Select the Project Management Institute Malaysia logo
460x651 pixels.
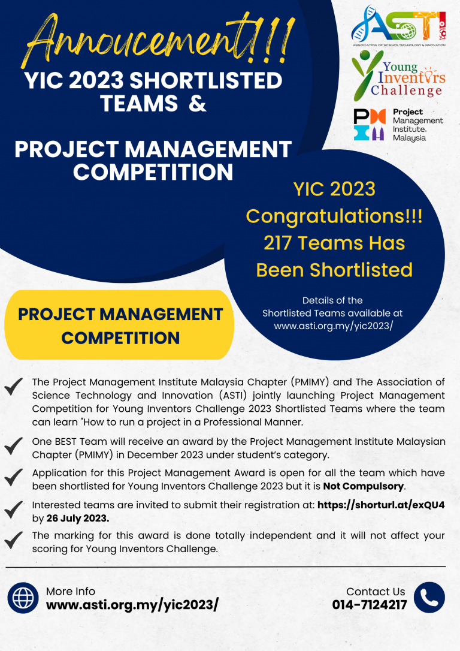point(398,125)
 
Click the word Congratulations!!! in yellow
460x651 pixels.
point(334,216)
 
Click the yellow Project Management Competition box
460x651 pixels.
point(120,325)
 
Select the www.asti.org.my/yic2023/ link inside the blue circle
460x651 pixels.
point(333,326)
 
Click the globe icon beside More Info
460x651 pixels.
point(23,598)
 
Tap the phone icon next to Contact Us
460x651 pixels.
point(429,598)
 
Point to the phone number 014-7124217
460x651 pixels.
point(370,605)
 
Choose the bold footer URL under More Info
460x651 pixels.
point(132,605)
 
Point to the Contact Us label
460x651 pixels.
point(376,591)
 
